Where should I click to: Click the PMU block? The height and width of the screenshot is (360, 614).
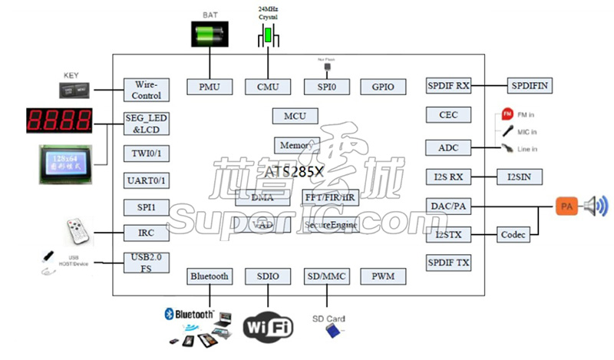(210, 87)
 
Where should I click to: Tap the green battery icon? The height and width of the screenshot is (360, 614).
(210, 33)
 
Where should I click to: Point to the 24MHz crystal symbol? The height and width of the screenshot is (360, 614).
(268, 35)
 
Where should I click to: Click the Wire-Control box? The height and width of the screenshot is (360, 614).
(147, 90)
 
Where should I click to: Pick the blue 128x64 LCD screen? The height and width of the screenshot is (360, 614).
(70, 164)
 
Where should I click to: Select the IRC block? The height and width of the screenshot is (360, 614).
(147, 233)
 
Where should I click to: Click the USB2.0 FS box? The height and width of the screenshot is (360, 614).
(147, 263)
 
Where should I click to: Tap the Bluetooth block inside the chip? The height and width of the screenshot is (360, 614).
(209, 276)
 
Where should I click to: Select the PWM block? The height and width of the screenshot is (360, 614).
(383, 276)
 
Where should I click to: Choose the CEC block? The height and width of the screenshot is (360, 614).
(448, 115)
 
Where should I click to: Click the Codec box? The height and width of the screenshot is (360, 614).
(513, 235)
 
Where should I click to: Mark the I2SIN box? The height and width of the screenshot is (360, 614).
(520, 177)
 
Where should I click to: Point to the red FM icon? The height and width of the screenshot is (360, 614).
(507, 114)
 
